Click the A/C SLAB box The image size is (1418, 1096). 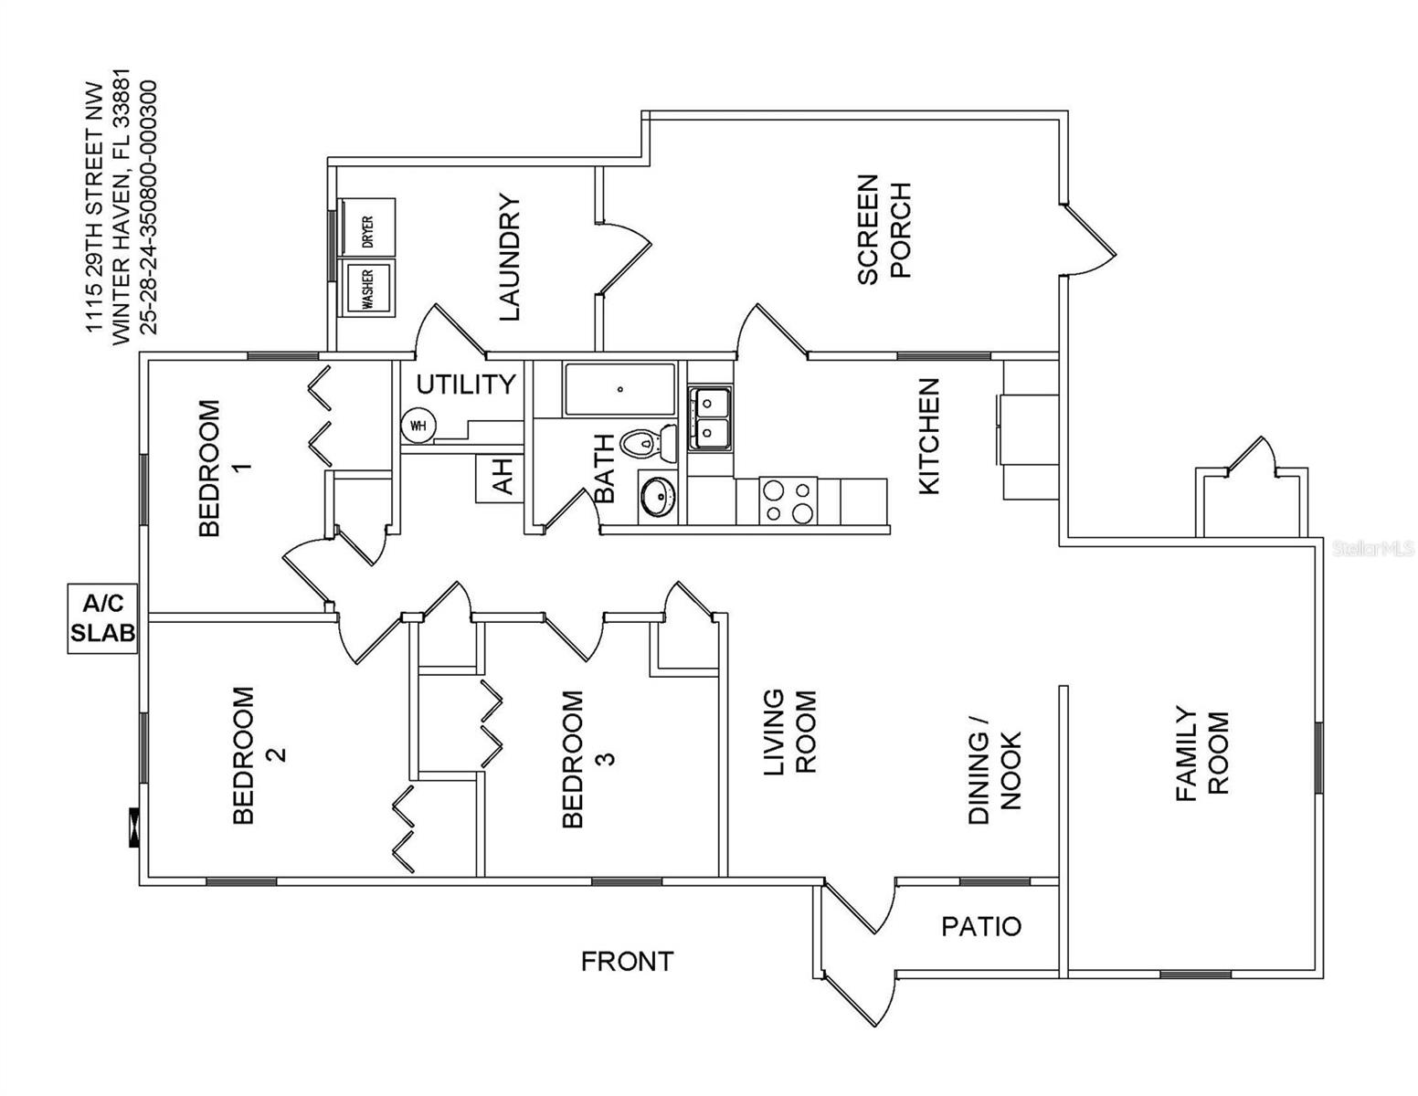(102, 618)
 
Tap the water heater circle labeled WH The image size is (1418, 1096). (418, 426)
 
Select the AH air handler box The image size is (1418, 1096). (500, 477)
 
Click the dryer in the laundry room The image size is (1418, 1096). (366, 227)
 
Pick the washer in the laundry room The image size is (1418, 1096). (366, 288)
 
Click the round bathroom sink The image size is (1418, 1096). (656, 497)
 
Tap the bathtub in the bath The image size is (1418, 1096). (619, 390)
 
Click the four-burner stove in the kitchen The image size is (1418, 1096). (788, 501)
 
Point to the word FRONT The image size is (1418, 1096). (627, 961)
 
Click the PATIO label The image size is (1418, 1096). (981, 927)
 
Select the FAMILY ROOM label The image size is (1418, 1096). (1201, 753)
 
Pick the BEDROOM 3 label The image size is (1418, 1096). (587, 758)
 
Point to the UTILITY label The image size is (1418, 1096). (466, 385)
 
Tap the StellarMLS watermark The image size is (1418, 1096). (1372, 548)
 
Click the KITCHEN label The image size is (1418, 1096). (928, 436)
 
